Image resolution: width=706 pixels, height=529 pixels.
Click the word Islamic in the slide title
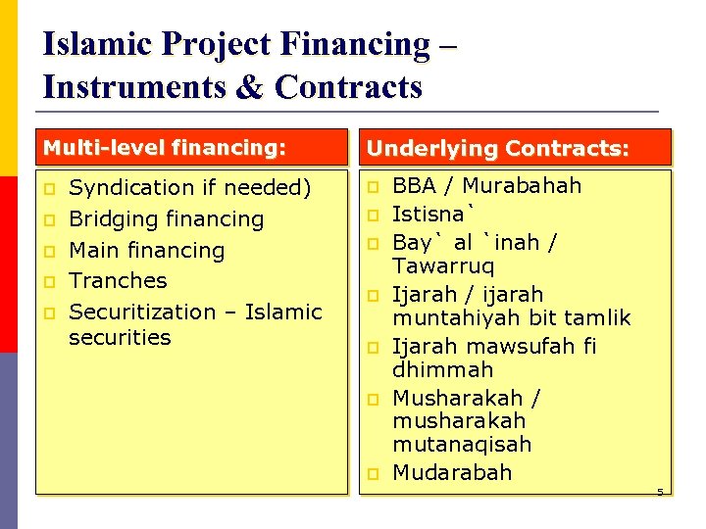point(96,44)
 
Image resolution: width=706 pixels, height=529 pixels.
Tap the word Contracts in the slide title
point(349,87)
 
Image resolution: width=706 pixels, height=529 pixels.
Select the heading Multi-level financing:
point(164,148)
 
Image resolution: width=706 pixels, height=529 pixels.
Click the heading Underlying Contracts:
point(498,149)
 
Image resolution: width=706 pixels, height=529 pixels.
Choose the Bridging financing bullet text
point(167,218)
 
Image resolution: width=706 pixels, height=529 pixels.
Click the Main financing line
point(147,250)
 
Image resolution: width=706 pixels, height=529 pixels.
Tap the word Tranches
point(119,280)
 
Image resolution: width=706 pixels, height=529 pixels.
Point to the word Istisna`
point(433,214)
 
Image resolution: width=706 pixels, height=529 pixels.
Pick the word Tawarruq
point(443,265)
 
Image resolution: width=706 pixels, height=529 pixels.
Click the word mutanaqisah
point(462,444)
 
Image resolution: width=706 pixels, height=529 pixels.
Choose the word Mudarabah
point(452,472)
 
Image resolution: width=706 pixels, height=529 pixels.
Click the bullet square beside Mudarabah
point(374,473)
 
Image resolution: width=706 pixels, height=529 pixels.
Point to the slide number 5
point(660,492)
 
